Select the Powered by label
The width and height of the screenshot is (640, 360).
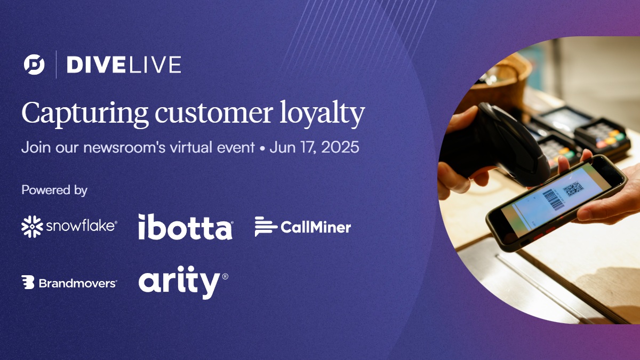pyautogui.click(x=54, y=190)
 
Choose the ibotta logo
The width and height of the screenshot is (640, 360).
pyautogui.click(x=185, y=227)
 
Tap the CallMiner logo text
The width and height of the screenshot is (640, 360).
pyautogui.click(x=316, y=228)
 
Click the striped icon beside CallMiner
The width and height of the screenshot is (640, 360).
pyautogui.click(x=266, y=227)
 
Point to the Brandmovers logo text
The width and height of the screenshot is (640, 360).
pyautogui.click(x=77, y=283)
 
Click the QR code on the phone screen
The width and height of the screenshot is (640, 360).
pyautogui.click(x=573, y=189)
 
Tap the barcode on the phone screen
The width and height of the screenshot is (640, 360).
pyautogui.click(x=553, y=201)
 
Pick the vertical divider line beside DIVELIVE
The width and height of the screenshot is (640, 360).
pyautogui.click(x=56, y=65)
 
